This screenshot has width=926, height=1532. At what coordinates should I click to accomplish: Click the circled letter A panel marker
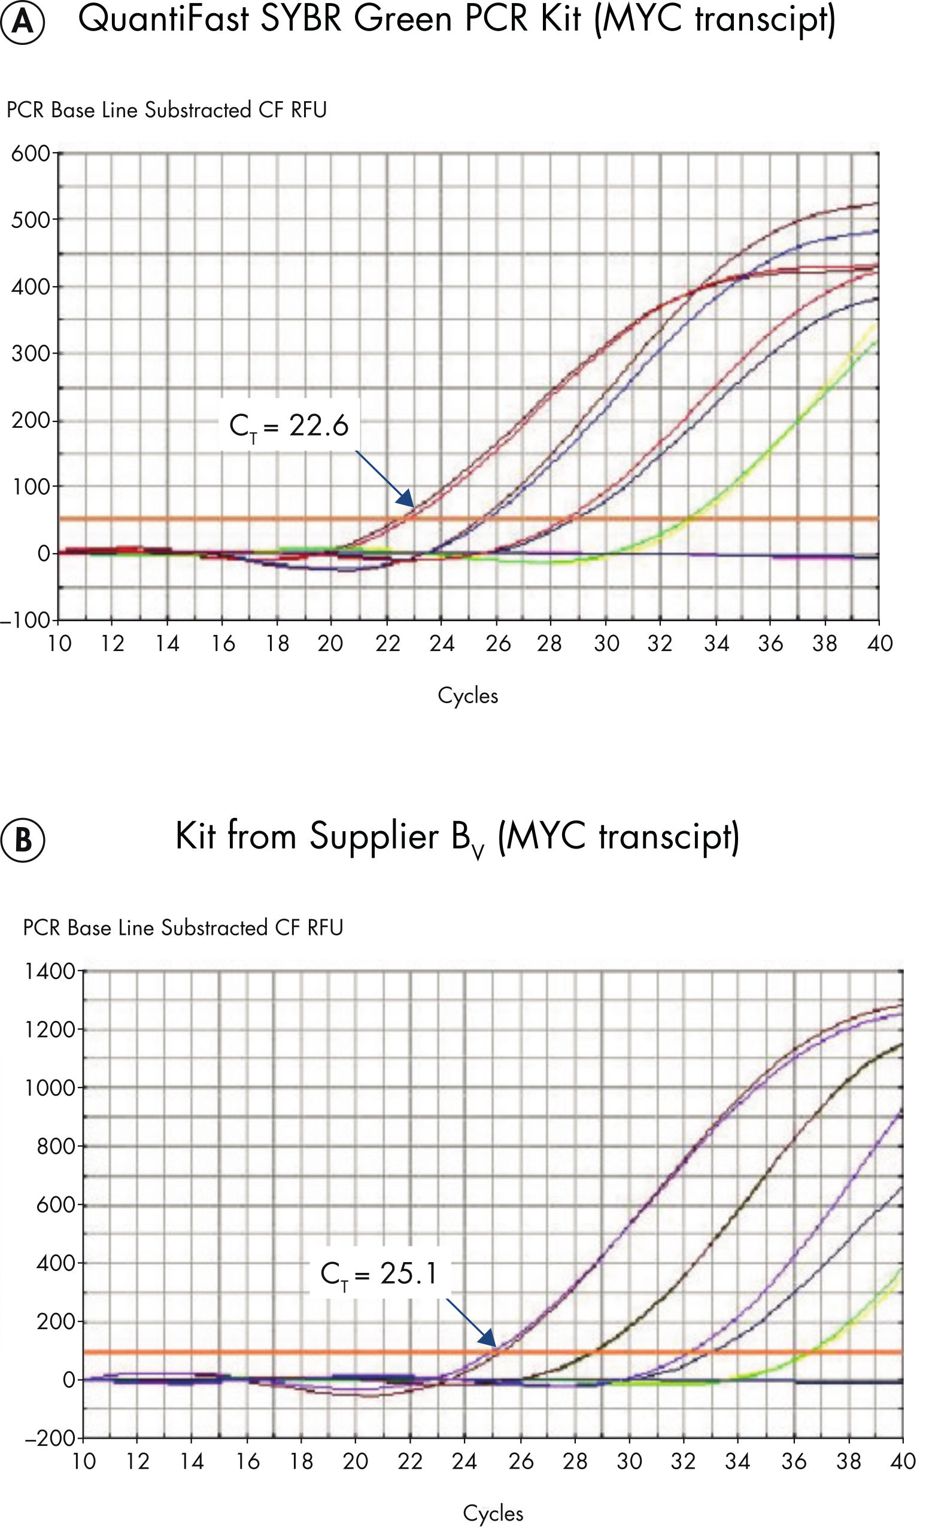click(23, 22)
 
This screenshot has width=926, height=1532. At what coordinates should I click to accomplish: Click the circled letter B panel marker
click(23, 840)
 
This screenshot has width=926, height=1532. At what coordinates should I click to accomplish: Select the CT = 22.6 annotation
click(289, 426)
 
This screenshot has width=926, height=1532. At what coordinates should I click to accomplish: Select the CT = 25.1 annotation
click(379, 1274)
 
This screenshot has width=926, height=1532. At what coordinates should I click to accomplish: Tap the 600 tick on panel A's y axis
click(30, 153)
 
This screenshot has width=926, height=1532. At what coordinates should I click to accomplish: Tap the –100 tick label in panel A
click(25, 620)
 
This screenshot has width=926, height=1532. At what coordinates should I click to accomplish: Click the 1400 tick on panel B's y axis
click(50, 971)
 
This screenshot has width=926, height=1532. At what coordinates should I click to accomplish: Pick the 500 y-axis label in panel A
click(30, 220)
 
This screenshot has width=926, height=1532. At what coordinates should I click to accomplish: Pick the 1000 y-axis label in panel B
click(50, 1087)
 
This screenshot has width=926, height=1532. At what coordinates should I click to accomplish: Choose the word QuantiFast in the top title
click(163, 19)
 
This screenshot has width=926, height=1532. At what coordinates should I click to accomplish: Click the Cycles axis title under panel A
click(467, 695)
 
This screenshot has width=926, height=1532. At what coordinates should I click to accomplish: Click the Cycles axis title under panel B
click(493, 1513)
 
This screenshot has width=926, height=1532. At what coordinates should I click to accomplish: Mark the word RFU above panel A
click(309, 110)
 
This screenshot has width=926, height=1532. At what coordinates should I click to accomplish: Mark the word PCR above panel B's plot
click(42, 928)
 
